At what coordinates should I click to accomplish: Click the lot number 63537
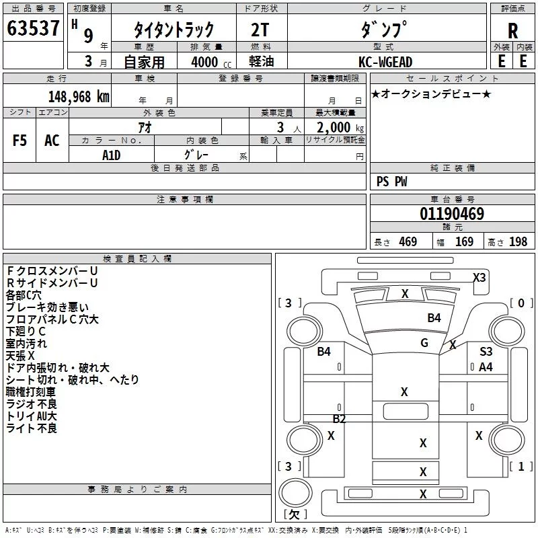(33, 29)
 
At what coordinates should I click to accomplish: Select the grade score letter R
(512, 30)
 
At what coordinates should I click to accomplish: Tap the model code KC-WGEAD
(385, 62)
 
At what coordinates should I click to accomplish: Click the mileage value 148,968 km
(79, 96)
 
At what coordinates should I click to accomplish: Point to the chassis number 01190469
(452, 214)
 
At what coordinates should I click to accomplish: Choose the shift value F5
(20, 140)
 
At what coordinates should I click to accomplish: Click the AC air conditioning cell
(52, 140)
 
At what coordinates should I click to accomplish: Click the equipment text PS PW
(392, 182)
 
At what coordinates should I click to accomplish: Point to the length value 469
(407, 241)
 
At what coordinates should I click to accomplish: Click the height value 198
(518, 241)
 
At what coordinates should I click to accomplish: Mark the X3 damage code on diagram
(479, 277)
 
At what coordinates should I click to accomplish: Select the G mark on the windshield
(424, 342)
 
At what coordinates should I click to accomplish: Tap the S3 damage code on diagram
(486, 352)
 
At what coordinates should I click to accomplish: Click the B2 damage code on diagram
(340, 419)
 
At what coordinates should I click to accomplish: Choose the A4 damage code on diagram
(486, 367)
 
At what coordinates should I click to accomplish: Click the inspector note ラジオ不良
(32, 404)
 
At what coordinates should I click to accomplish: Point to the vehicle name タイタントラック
(174, 30)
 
